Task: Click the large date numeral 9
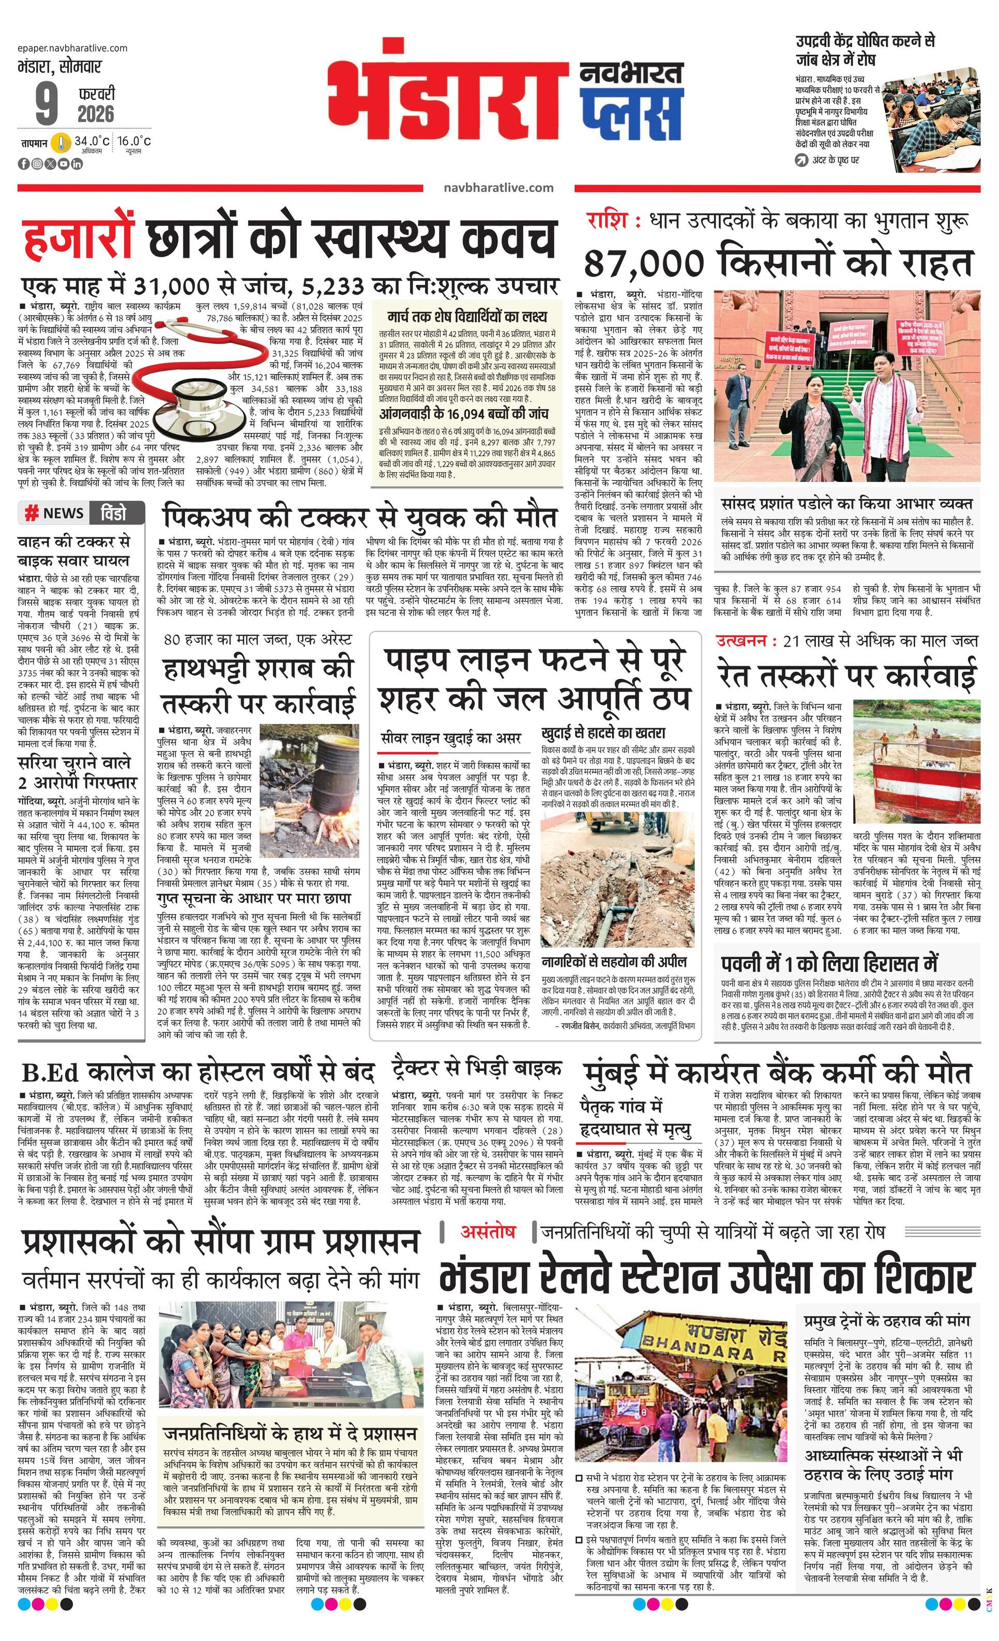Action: (x=47, y=105)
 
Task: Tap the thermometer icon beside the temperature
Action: (x=60, y=143)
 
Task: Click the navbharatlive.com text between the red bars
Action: (x=498, y=188)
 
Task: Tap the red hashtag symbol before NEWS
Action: (x=31, y=514)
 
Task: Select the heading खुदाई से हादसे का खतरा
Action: (x=603, y=733)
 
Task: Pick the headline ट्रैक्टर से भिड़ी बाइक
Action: (x=476, y=1067)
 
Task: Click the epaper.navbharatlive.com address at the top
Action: (x=73, y=48)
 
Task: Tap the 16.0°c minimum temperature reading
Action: (x=134, y=141)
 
